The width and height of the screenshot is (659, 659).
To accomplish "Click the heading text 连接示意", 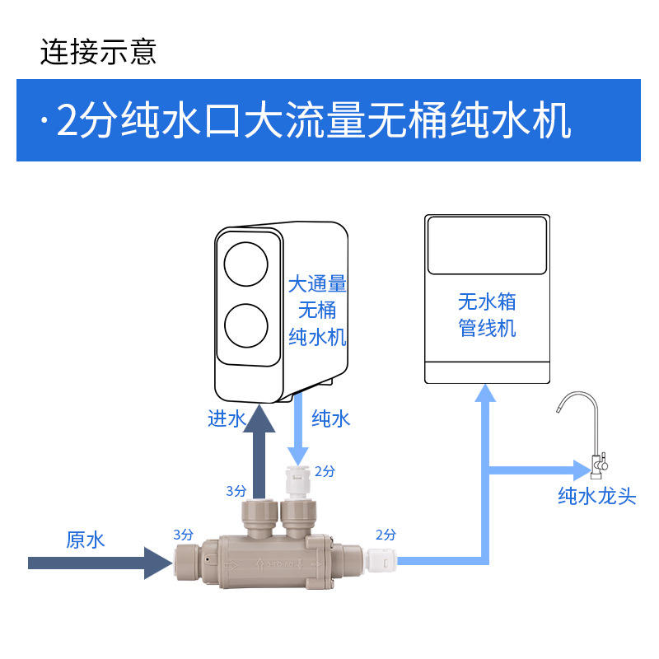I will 98,52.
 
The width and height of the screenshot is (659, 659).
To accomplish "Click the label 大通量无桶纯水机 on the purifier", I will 317,311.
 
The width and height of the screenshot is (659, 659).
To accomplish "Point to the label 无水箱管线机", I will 487,314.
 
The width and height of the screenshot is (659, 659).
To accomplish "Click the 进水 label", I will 226,418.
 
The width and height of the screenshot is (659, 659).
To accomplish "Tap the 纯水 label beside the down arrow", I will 331,418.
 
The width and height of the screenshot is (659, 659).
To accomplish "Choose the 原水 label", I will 86,540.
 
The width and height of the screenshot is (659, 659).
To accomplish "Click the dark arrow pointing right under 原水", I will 99,563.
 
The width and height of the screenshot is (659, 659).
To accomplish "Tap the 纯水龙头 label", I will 597,496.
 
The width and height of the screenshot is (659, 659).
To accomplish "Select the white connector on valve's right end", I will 383,563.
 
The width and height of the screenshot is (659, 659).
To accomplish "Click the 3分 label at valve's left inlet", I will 183,533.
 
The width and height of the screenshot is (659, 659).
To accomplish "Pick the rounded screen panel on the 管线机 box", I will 487,245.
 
